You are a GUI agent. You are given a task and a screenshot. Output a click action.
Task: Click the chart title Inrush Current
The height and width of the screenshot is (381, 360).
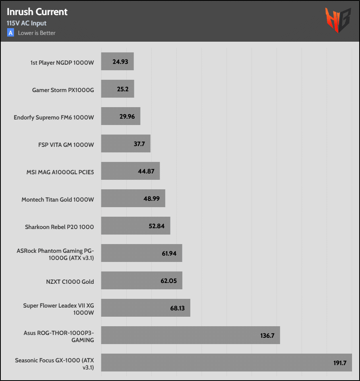tap(37, 12)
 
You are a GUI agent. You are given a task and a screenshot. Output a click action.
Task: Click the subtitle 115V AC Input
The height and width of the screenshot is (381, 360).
tap(27, 23)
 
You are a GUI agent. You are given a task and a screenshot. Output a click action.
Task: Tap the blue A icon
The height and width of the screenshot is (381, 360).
tap(11, 33)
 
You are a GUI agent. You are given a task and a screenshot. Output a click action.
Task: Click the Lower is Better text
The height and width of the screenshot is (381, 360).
tap(37, 33)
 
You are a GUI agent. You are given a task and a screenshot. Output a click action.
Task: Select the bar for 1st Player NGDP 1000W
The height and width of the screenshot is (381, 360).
tap(117, 62)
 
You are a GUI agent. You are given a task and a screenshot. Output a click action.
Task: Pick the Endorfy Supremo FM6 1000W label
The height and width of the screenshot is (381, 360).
tap(54, 117)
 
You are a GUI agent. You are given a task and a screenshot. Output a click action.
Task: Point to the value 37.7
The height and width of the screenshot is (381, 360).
tap(139, 144)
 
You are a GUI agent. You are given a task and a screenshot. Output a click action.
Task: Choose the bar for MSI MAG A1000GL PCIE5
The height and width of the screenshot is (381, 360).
tap(130, 171)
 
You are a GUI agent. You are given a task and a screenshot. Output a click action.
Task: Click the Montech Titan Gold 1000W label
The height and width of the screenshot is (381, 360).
tap(58, 200)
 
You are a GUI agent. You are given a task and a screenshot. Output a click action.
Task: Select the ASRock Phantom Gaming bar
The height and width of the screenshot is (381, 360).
tap(141, 253)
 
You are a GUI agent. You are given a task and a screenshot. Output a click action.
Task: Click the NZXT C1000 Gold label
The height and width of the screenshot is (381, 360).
tap(70, 282)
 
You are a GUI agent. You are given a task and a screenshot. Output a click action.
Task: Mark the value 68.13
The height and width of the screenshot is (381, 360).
tap(177, 308)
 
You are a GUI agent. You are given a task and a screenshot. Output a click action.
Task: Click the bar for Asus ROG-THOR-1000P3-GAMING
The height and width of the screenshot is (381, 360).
tap(190, 335)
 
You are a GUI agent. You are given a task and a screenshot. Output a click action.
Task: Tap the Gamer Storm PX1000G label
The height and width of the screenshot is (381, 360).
tap(63, 90)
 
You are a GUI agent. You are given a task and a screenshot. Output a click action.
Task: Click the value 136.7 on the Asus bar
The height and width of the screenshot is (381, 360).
tap(267, 335)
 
